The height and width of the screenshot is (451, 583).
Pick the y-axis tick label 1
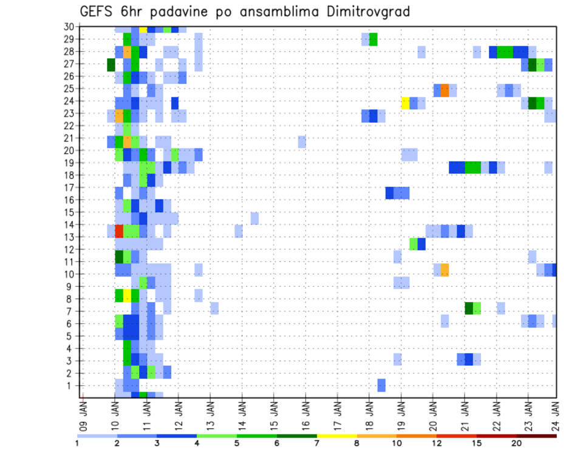(x=70, y=385)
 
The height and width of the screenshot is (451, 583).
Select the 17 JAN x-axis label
(x=338, y=411)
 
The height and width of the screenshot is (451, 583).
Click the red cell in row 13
(x=119, y=231)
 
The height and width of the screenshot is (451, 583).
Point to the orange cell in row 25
(x=445, y=91)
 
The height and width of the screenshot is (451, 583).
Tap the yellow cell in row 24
(x=405, y=103)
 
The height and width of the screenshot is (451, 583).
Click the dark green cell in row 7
(x=469, y=308)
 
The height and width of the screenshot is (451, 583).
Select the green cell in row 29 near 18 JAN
(x=373, y=40)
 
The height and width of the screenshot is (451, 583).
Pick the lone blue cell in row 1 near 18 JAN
(x=381, y=385)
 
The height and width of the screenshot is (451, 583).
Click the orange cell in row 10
(x=445, y=270)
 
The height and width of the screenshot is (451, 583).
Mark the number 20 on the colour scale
(x=517, y=444)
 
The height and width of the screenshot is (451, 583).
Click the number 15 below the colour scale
(x=477, y=444)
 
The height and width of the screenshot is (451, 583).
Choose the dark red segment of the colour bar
(x=536, y=436)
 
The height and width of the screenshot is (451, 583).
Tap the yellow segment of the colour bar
(x=337, y=436)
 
